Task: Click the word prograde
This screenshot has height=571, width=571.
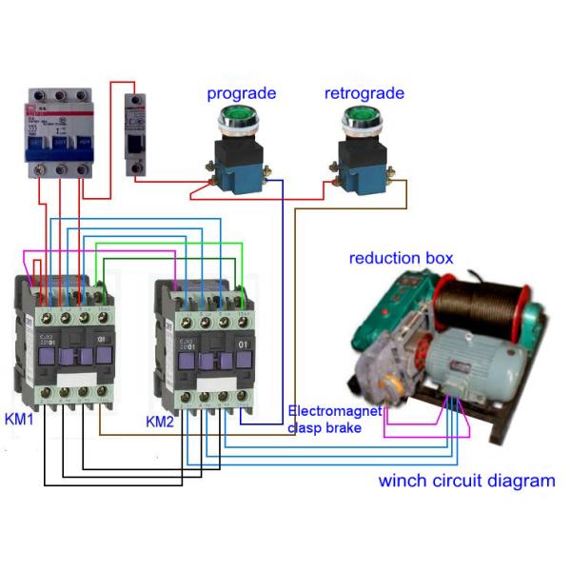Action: tap(242, 93)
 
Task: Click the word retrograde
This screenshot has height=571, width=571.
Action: tap(364, 93)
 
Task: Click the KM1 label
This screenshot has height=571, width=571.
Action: tap(20, 419)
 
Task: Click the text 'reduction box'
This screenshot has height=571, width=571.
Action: tap(401, 258)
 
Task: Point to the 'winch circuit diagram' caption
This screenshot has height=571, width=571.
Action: tap(466, 481)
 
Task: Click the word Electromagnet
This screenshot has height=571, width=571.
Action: tap(334, 412)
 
